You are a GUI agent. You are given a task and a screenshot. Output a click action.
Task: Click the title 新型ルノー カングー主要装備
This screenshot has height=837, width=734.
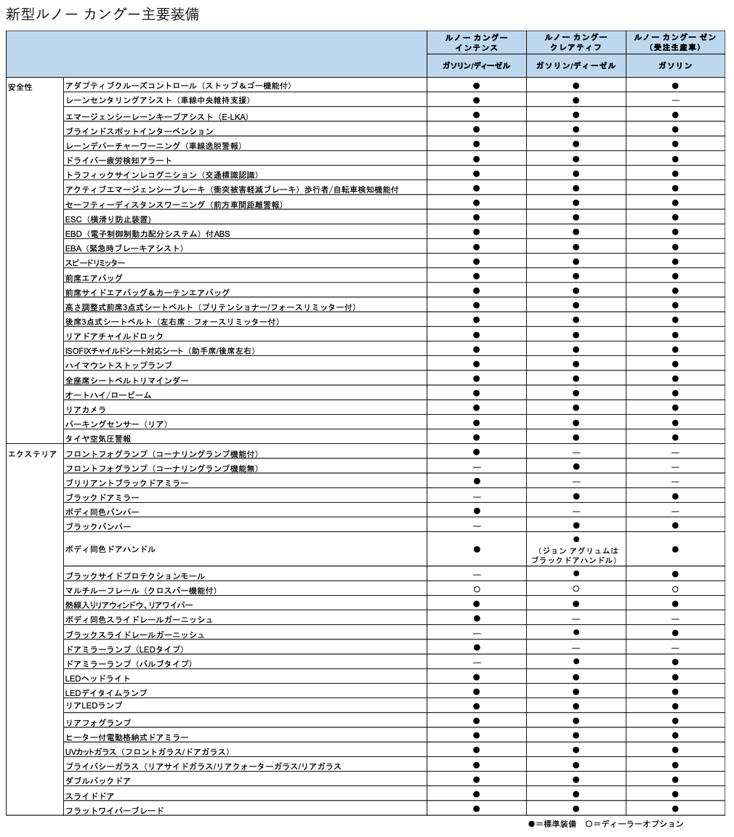click(102, 15)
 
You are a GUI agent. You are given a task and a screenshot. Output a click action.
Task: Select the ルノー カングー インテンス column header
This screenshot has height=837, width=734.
click(476, 42)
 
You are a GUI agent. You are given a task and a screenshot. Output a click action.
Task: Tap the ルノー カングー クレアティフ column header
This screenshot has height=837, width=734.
click(576, 42)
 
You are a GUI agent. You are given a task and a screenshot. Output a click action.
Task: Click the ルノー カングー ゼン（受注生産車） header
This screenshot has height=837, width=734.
click(675, 42)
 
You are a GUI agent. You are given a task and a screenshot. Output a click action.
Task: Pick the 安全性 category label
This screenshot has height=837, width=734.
click(20, 87)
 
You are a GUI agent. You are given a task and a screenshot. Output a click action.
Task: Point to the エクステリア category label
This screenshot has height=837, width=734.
click(33, 454)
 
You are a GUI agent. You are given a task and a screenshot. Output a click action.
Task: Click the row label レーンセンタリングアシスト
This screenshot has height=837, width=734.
click(157, 101)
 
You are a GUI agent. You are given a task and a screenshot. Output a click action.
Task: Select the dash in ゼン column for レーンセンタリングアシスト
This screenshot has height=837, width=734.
click(675, 100)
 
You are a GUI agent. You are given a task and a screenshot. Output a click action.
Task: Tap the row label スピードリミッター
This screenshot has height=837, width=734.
click(95, 262)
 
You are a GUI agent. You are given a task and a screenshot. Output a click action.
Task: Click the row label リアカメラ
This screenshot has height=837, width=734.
click(85, 410)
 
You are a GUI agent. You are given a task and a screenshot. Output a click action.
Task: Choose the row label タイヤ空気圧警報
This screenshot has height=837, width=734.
click(98, 439)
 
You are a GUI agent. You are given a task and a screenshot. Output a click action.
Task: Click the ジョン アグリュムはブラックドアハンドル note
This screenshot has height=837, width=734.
click(575, 556)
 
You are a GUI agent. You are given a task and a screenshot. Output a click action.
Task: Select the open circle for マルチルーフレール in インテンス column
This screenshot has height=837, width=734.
click(477, 589)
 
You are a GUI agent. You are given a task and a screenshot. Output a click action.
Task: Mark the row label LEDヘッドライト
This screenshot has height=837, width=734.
click(98, 678)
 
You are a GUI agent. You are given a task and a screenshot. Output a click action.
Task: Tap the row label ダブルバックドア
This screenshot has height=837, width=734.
click(98, 780)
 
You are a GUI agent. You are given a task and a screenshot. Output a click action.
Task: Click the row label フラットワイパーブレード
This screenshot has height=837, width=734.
click(115, 810)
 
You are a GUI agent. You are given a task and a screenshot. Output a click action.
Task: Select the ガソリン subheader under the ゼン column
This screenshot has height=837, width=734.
click(675, 65)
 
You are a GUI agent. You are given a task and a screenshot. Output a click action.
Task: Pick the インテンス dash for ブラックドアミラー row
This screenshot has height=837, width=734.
click(477, 497)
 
